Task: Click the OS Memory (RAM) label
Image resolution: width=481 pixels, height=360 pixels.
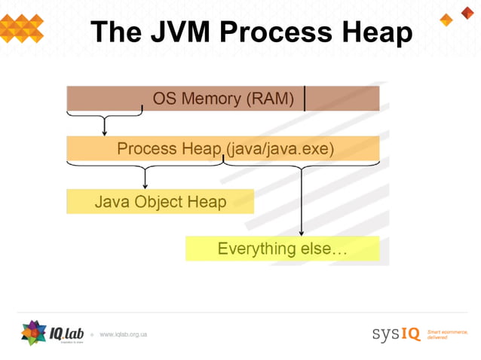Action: click(223, 99)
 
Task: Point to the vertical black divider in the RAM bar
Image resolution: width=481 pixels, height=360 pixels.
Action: click(305, 99)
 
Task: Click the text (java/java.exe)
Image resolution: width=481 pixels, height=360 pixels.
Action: click(280, 149)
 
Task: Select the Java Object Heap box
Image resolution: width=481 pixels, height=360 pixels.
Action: click(160, 202)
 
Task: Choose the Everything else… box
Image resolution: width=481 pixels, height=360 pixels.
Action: click(282, 249)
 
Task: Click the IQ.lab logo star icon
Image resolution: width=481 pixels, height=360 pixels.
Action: click(34, 332)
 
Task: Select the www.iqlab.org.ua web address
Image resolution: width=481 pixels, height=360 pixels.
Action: click(123, 334)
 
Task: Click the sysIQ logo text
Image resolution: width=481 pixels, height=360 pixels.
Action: click(396, 334)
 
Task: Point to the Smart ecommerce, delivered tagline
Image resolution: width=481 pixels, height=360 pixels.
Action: click(447, 334)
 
